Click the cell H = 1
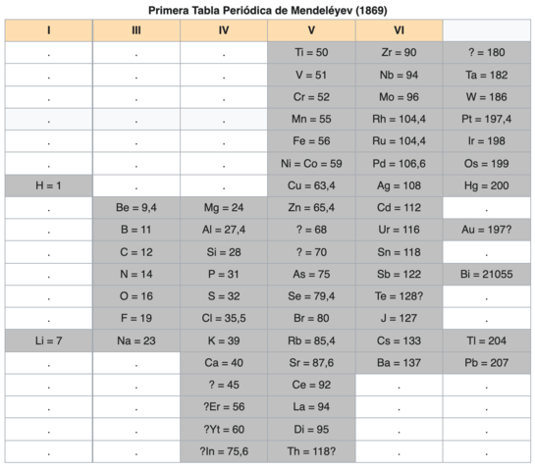(48, 184)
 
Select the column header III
(136, 30)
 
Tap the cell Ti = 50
(311, 52)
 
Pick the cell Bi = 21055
(486, 274)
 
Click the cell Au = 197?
(486, 229)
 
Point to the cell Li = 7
(48, 340)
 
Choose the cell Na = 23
(136, 340)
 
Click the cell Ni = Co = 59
(311, 163)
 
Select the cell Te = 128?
(399, 295)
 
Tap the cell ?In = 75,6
(224, 450)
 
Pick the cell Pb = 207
(486, 362)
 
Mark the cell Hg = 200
(486, 184)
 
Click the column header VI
(399, 30)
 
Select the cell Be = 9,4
(136, 207)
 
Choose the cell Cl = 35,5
(224, 318)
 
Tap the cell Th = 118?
(311, 450)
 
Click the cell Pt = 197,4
(486, 119)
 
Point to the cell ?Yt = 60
(224, 429)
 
